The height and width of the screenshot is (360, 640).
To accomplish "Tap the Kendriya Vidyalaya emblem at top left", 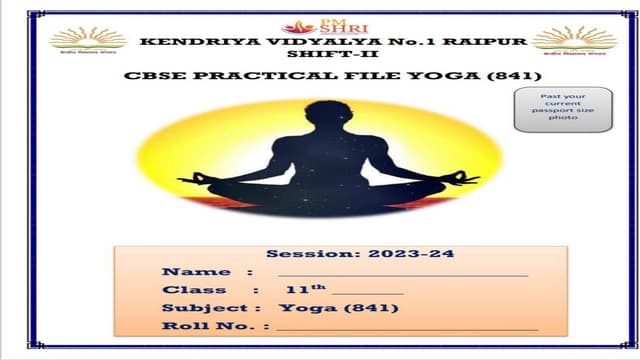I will click(x=89, y=41).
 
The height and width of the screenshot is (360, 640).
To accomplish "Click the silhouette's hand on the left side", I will click(x=199, y=180).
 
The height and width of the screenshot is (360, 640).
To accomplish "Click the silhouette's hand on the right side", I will click(x=467, y=179).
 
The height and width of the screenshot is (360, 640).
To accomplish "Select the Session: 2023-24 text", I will click(x=360, y=254).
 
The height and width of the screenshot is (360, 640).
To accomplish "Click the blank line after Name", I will click(x=402, y=273).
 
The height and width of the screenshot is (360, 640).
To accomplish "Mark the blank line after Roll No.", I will click(x=407, y=328).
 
